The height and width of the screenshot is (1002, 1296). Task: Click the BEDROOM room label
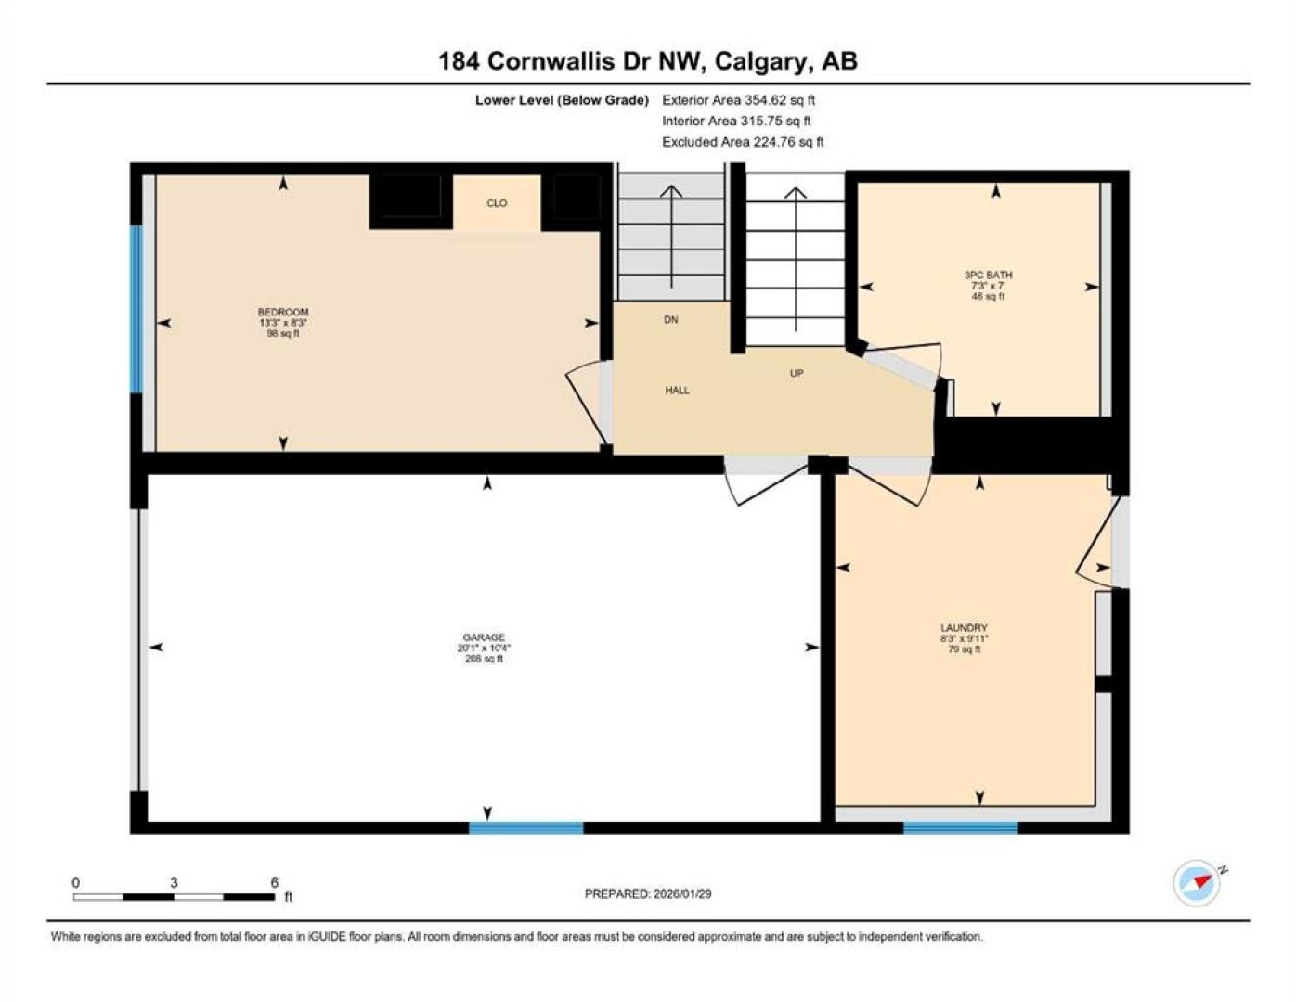click(283, 312)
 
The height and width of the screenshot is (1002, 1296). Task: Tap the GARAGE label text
click(484, 637)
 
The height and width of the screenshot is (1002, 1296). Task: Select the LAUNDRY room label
click(964, 628)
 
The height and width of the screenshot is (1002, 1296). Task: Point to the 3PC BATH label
click(989, 275)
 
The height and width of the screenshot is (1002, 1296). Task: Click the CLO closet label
click(497, 202)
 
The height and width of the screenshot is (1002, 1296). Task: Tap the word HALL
click(677, 390)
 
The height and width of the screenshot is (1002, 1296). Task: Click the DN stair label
click(671, 319)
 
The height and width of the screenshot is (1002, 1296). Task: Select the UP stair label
click(797, 373)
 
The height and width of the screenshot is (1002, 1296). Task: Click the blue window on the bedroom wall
click(136, 309)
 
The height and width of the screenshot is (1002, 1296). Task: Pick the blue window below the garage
click(526, 828)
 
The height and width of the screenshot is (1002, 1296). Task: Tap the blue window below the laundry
click(960, 828)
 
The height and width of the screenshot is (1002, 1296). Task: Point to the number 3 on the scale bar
click(174, 883)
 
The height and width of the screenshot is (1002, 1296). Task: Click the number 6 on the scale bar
click(275, 883)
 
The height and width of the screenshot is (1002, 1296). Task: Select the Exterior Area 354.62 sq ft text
click(738, 100)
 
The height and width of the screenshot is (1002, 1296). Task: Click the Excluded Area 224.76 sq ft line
click(743, 142)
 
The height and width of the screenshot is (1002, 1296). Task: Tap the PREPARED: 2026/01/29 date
click(648, 894)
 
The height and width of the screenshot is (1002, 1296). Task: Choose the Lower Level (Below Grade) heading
click(562, 100)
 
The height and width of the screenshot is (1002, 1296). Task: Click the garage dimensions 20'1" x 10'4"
click(484, 648)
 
